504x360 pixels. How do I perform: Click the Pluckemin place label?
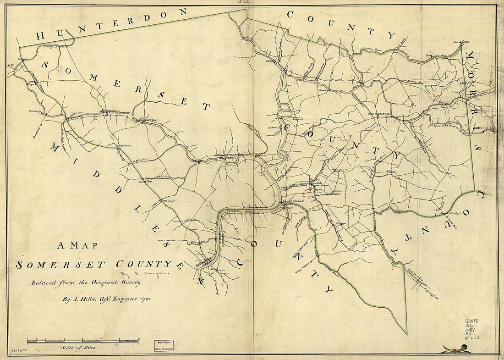pos(378,111)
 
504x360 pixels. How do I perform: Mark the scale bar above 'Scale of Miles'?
pos(82,341)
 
